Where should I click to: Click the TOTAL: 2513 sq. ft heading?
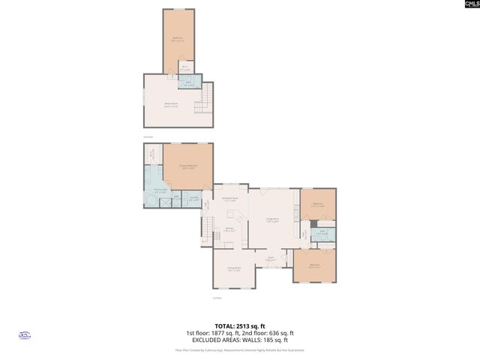[x=239, y=325]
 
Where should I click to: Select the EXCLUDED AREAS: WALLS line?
[x=239, y=340]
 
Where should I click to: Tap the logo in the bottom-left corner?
[x=22, y=337]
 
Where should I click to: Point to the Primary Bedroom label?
[x=187, y=166]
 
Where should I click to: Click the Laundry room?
[x=193, y=199]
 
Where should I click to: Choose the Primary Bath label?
[x=160, y=191]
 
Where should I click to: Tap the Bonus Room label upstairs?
[x=171, y=105]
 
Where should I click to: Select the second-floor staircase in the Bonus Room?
[x=204, y=97]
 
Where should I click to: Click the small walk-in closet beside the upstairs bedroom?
[x=184, y=68]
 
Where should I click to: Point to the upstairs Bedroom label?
[x=178, y=39]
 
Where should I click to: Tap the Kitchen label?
[x=231, y=230]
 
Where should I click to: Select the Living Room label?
[x=272, y=220]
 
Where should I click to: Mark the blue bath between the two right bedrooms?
[x=322, y=234]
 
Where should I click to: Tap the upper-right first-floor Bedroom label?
[x=317, y=204]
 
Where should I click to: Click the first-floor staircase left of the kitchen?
[x=205, y=227]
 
